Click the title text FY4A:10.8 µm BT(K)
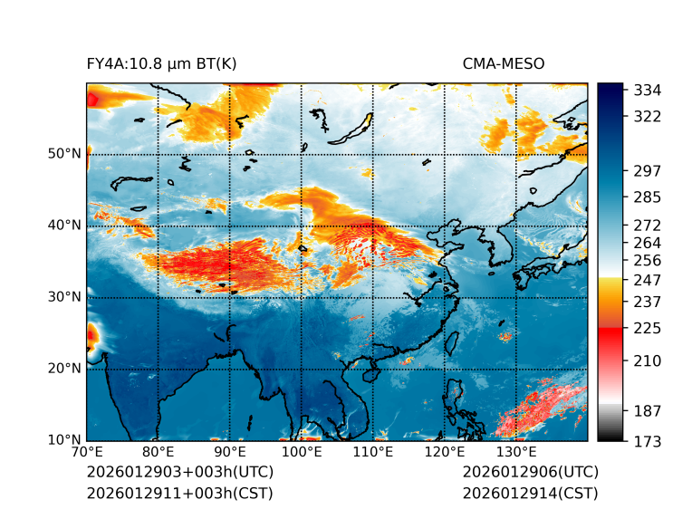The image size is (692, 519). point(161,63)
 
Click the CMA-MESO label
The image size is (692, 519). point(504,63)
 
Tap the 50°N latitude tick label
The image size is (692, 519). point(63,154)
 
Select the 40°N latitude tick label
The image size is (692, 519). point(63,226)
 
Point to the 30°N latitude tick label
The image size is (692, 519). point(63,297)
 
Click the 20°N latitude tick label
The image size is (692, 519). point(63,369)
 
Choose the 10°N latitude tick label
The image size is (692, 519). point(63,440)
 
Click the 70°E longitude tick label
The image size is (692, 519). point(86,452)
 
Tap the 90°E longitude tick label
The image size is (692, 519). point(229,452)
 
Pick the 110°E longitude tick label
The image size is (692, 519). point(372,452)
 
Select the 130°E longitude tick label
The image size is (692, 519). point(515,452)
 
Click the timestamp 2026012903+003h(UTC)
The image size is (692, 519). point(179,473)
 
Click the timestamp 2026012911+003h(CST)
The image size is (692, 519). point(179,493)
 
